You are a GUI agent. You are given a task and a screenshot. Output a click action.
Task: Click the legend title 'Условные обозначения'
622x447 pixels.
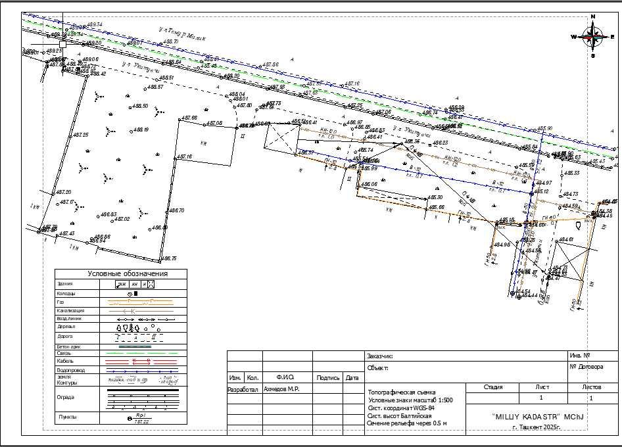tap(128, 273)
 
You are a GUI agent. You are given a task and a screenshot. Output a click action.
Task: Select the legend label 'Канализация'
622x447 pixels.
tap(70, 310)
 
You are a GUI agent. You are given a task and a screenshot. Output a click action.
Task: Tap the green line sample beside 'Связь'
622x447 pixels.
tap(143, 354)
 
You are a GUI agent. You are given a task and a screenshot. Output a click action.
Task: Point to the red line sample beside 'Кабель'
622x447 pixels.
tap(143, 361)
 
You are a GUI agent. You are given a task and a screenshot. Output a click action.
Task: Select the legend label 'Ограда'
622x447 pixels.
tap(66, 397)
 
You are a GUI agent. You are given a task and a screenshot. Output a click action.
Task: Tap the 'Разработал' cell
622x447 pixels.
tap(243, 389)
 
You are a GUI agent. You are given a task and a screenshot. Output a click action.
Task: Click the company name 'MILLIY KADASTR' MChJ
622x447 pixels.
tap(538, 417)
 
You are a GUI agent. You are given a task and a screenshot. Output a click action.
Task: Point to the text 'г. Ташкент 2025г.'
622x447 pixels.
tap(538, 427)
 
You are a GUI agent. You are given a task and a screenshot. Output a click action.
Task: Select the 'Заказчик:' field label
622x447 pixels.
tap(379, 356)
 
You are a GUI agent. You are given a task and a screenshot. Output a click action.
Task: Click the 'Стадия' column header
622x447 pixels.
tap(493, 387)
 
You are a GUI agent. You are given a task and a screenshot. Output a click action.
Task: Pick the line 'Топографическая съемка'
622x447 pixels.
tap(402, 392)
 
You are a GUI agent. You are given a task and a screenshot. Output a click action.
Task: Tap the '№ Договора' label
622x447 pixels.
tap(586, 367)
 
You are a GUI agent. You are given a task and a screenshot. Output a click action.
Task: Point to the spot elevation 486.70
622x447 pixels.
tap(176, 210)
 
